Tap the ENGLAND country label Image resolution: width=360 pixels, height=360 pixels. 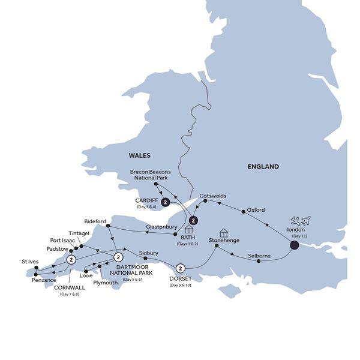click(x=263, y=167)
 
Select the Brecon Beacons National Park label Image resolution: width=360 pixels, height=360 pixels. click(x=151, y=175)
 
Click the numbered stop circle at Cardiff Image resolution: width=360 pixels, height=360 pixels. click(x=165, y=203)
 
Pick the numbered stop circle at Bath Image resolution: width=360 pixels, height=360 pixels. click(x=193, y=211)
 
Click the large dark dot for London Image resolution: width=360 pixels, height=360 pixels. click(x=295, y=245)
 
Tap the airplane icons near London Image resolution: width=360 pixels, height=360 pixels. click(x=299, y=221)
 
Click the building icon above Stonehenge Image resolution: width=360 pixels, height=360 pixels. click(x=223, y=232)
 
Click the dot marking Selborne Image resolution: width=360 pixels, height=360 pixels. click(x=259, y=261)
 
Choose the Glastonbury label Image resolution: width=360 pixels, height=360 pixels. click(x=161, y=227)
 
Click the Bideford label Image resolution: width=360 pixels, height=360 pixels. click(x=95, y=221)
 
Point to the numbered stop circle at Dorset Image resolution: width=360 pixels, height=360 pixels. click(x=180, y=268)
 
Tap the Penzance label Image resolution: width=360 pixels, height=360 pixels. click(x=40, y=280)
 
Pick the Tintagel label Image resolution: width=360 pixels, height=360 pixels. click(x=79, y=233)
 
